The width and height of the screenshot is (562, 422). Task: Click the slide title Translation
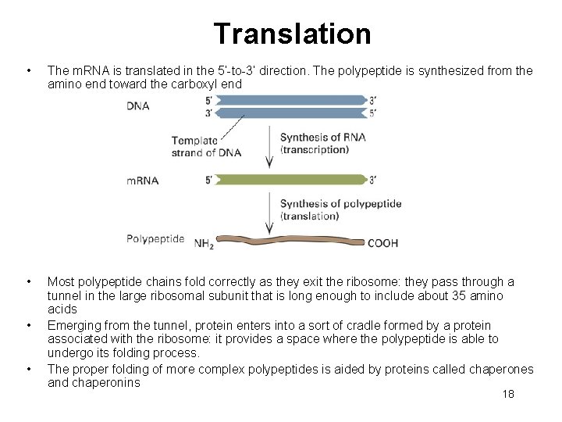[x=292, y=34]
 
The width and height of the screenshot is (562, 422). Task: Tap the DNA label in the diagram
[x=139, y=107]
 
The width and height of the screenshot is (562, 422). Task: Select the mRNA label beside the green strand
[x=143, y=181]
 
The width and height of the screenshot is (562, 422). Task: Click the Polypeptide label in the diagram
[x=155, y=238]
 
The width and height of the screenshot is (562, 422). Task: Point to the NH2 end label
[x=203, y=243]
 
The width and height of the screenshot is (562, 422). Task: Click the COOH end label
[x=382, y=243]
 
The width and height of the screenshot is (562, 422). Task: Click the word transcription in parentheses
[x=314, y=149]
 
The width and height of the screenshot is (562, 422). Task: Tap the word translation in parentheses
[x=309, y=216]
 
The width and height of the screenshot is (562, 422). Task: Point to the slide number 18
[x=508, y=395]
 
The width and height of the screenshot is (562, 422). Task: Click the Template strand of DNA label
[x=194, y=146]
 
